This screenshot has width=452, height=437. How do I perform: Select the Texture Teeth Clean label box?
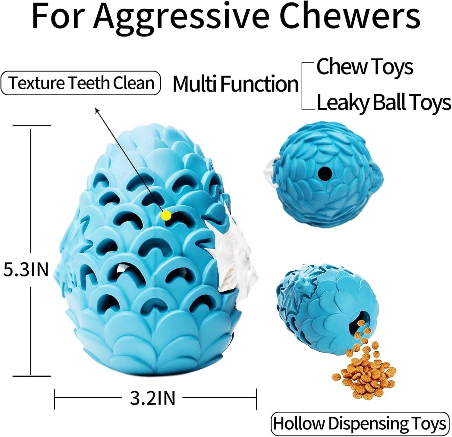tap(81, 83)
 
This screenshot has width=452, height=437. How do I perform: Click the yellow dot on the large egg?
tap(166, 215)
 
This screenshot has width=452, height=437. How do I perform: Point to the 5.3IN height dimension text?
tap(26, 269)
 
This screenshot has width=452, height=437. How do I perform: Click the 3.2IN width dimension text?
tap(152, 398)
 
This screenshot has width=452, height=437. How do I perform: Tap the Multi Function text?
tap(235, 84)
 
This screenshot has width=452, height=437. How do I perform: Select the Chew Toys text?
tap(365, 67)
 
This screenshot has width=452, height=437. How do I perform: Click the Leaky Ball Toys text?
tap(384, 103)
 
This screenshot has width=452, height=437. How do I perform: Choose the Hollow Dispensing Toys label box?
tap(360, 423)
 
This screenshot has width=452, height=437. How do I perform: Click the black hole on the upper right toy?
tap(325, 173)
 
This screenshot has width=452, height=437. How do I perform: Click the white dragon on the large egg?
tap(234, 258)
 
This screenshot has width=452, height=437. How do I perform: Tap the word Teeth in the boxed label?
tap(89, 83)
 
